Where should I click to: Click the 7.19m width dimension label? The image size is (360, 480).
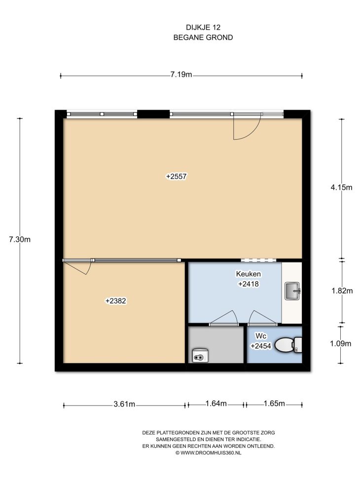(x=181, y=74)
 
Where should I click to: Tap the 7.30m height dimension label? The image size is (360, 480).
(x=20, y=239)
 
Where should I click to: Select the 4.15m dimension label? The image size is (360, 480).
(x=341, y=187)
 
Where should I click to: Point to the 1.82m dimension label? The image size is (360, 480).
(x=342, y=291)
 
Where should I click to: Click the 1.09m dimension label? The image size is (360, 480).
(x=340, y=344)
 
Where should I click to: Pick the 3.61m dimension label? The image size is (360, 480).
(x=124, y=404)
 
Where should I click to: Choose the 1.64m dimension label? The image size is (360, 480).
(x=216, y=404)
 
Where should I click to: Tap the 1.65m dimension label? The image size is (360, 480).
(x=274, y=404)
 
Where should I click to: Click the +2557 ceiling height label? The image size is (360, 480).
(x=177, y=176)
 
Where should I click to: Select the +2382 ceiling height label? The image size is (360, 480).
(x=116, y=301)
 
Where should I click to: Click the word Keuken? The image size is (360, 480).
(x=248, y=274)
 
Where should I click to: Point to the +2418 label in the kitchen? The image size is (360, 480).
(x=249, y=284)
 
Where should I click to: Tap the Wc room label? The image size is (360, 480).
(x=261, y=336)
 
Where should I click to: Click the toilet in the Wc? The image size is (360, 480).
(x=288, y=345)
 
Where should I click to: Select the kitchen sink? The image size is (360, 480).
(x=292, y=291)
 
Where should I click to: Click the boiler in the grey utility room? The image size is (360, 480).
(x=200, y=355)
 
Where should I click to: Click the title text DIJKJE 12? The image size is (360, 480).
(x=203, y=28)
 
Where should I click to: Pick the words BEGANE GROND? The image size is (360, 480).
(x=203, y=37)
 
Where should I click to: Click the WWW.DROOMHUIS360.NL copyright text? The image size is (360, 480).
(x=209, y=453)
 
